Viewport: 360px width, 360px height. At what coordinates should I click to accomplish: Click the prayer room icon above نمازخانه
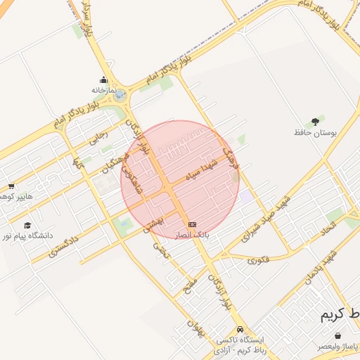103,79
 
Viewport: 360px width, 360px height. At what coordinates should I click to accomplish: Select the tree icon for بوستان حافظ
314,122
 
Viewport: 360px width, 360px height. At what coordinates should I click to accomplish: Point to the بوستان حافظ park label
311,132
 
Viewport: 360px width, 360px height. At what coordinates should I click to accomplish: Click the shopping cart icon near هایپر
11,186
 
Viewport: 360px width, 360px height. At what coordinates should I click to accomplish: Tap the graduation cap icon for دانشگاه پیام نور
27,226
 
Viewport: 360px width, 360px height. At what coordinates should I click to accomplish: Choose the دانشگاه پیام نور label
26,236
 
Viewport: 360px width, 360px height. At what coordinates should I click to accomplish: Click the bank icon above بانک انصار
192,224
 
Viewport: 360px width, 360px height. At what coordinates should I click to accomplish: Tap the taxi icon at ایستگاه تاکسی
240,329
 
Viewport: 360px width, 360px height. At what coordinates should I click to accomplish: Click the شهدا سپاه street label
204,169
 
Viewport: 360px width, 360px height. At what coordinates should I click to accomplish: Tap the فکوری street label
258,259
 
